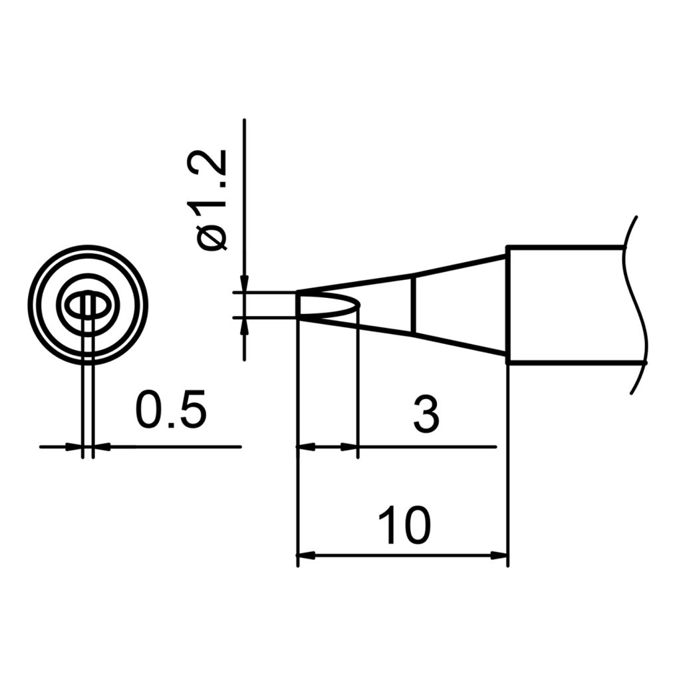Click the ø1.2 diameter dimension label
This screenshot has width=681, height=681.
tap(212, 200)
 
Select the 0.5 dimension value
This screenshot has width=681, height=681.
tap(171, 410)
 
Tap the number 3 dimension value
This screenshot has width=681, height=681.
tap(426, 414)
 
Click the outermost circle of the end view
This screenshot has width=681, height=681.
tap(88, 247)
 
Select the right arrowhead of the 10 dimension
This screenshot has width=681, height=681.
tap(499, 555)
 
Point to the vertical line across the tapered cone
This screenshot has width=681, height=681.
tap(414, 305)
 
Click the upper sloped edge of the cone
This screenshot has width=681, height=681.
tap(459, 265)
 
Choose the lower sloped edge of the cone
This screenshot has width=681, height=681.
tap(459, 344)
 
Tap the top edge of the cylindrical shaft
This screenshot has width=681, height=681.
tap(565, 247)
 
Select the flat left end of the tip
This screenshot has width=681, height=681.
tap(297, 305)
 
